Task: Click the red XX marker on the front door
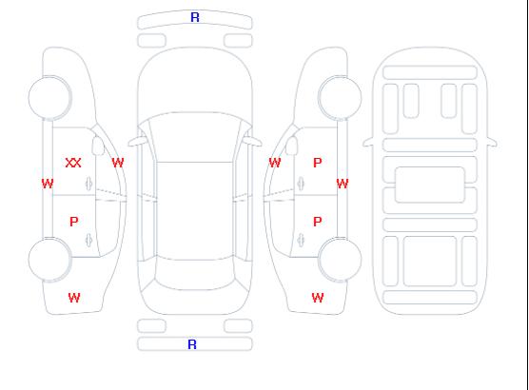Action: point(73,163)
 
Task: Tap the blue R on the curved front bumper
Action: point(195,17)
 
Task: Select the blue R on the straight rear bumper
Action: point(192,344)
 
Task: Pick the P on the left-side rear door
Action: point(74,222)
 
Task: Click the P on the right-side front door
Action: point(318,163)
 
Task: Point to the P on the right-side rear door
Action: point(318,222)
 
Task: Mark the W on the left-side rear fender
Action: point(74,298)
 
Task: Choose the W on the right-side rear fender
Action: point(318,298)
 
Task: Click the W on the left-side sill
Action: point(48,184)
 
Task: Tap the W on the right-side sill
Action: point(343,184)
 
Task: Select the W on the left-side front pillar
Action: point(118,163)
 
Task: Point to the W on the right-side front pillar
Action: point(275,163)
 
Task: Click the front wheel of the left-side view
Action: point(49,98)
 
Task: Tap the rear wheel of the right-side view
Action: point(340,259)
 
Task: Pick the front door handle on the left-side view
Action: point(89,184)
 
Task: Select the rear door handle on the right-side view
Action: point(301,240)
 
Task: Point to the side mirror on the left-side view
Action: point(98,146)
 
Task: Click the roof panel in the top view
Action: point(195,211)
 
